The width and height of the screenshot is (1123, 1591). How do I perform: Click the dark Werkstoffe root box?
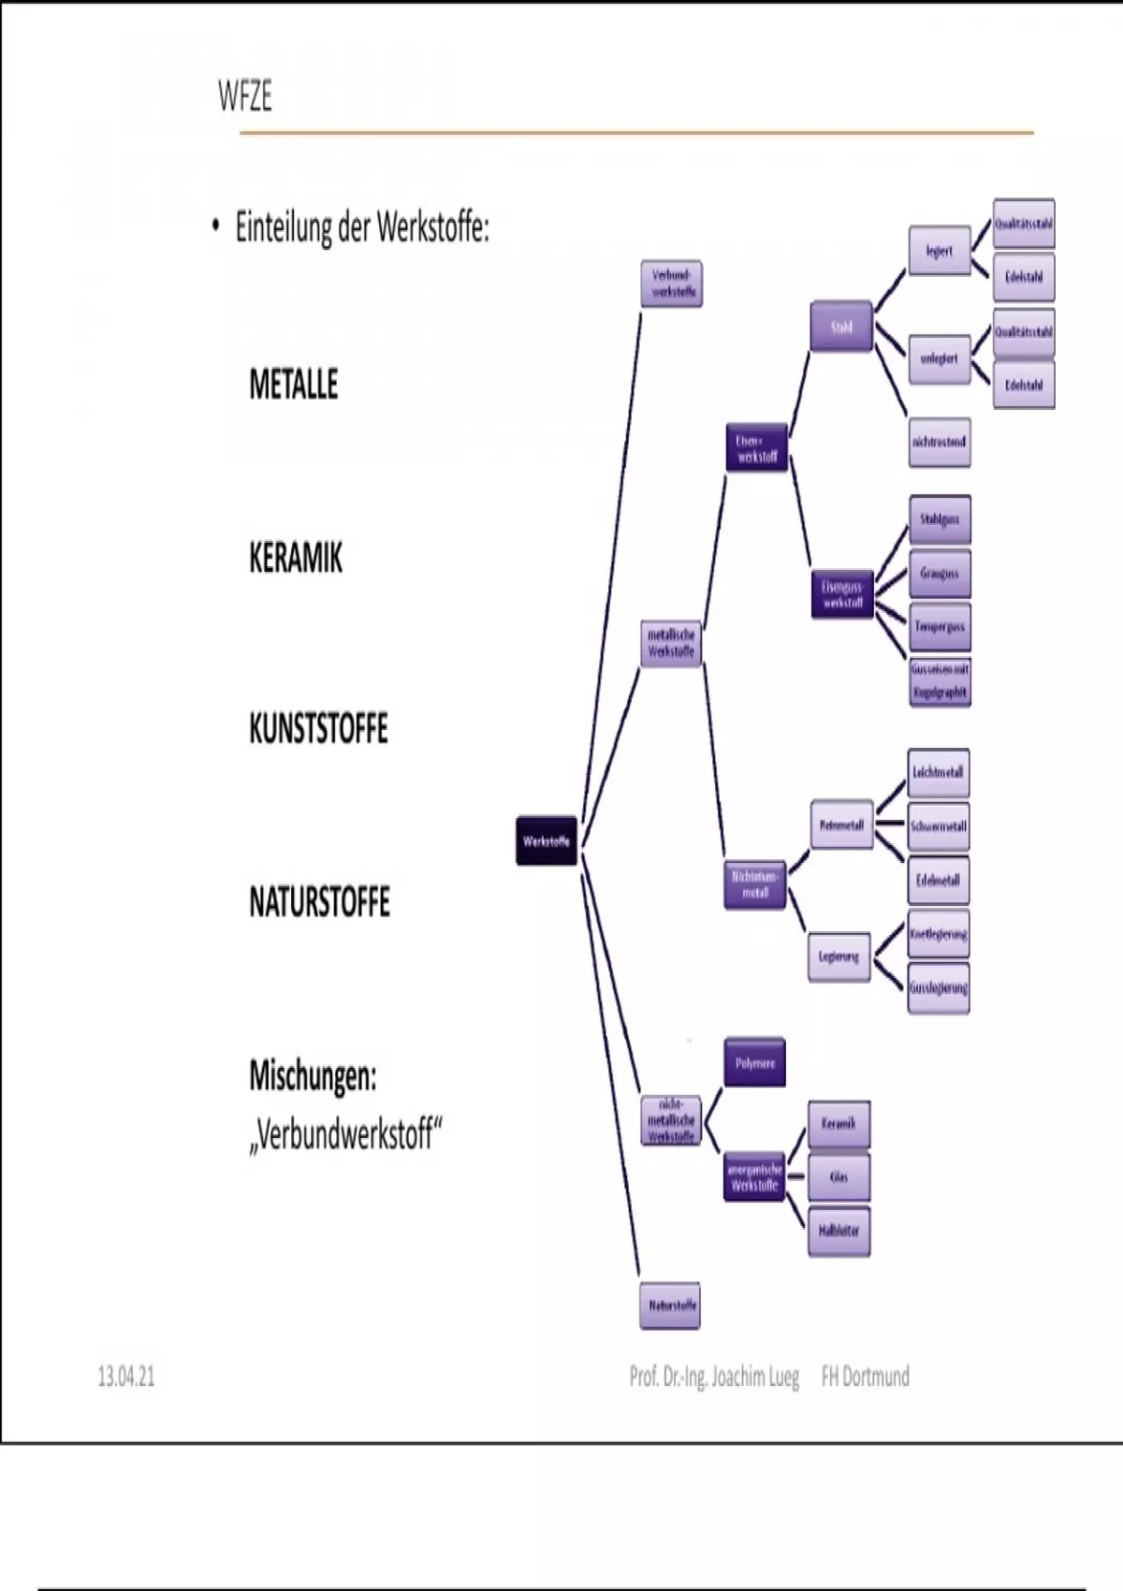coord(547,840)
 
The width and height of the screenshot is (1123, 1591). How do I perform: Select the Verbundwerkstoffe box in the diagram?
coord(672,284)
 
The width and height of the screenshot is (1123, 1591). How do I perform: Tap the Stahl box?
coord(840,327)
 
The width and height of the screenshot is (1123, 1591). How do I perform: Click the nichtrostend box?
coord(939,442)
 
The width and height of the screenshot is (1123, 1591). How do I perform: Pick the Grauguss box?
coord(939,574)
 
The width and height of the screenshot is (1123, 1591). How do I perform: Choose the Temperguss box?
coord(939,627)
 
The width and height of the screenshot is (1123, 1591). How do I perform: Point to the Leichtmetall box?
coord(938,773)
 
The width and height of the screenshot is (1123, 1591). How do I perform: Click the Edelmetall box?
coord(938,881)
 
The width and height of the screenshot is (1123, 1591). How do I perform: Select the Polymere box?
coord(754,1062)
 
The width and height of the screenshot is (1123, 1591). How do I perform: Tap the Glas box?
coord(839,1177)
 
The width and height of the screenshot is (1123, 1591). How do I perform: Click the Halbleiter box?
coord(839,1231)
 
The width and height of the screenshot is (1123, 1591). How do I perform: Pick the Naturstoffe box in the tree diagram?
coord(671,1305)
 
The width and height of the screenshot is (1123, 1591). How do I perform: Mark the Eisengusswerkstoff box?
coord(842,594)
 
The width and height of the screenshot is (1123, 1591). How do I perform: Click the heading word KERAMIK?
coord(296,559)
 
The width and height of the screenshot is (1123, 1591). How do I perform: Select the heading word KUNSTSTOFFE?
coord(318,729)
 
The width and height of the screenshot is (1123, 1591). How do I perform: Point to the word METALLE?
coord(293,385)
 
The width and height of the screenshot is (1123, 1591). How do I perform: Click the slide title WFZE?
coord(244,96)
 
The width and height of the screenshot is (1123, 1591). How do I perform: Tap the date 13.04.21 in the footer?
coord(126,1377)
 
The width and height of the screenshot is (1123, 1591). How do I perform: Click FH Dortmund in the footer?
coord(865,1377)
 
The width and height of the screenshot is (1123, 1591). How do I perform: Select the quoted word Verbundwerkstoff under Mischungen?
coord(345,1135)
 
